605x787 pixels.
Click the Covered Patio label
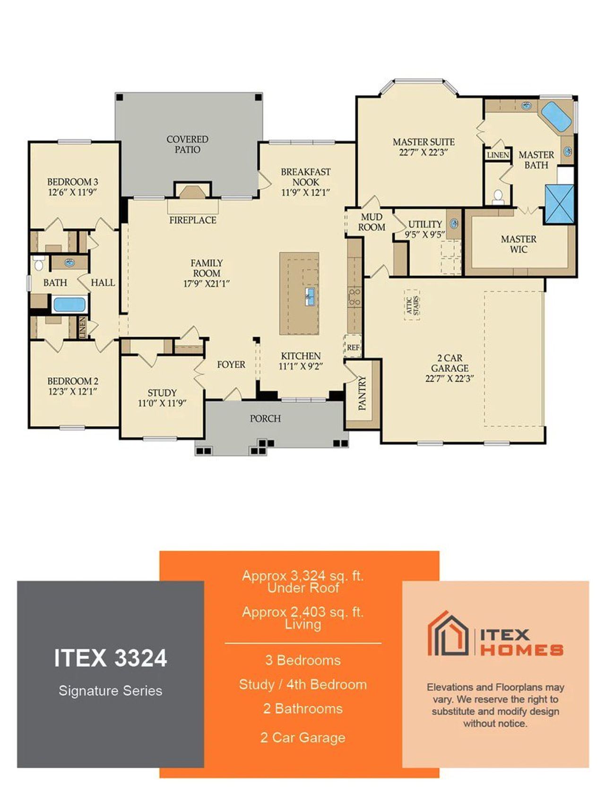(x=187, y=145)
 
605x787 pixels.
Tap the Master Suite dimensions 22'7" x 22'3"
(x=423, y=153)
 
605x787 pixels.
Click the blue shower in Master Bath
(x=560, y=204)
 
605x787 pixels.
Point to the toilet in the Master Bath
(x=498, y=196)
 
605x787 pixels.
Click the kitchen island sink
(x=310, y=297)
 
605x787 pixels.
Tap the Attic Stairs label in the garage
(x=412, y=306)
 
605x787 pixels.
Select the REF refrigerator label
(x=353, y=347)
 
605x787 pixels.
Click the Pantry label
(x=363, y=393)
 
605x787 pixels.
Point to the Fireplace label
(x=193, y=220)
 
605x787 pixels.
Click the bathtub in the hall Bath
(x=69, y=304)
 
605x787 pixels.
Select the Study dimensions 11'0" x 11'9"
(x=162, y=403)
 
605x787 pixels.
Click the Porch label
(x=265, y=419)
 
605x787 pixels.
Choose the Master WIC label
(x=519, y=244)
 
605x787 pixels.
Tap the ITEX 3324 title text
(x=110, y=658)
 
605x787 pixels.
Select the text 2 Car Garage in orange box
(x=302, y=737)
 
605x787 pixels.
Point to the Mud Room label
(x=372, y=222)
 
